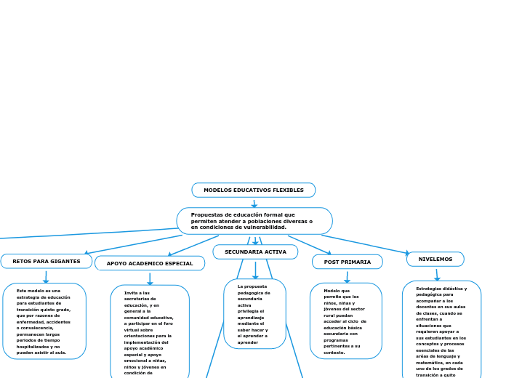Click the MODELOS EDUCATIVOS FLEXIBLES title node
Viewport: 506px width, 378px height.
tap(253, 190)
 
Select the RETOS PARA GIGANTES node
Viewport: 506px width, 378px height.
tap(47, 261)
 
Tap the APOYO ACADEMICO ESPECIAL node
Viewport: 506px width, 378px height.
tap(150, 263)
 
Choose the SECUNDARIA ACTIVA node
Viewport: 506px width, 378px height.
tap(255, 252)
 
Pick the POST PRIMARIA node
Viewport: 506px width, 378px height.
tap(347, 262)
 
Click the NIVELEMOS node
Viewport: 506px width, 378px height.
tap(435, 259)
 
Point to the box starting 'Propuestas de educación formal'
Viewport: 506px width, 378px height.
tap(254, 221)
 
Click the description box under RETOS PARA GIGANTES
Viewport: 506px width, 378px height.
tap(44, 321)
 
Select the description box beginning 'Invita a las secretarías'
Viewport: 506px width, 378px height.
tap(150, 331)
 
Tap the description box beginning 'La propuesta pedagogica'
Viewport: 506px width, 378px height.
tap(254, 313)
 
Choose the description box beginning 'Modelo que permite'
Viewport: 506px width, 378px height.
tap(346, 321)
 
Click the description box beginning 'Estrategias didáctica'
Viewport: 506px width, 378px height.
tap(441, 329)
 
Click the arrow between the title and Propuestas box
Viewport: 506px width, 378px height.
tap(254, 204)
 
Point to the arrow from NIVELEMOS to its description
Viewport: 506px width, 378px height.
tap(437, 274)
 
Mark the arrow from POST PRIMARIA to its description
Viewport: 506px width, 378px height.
tap(347, 277)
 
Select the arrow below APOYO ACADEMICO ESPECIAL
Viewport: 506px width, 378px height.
tap(150, 278)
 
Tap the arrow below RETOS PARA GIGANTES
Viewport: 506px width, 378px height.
tap(46, 277)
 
